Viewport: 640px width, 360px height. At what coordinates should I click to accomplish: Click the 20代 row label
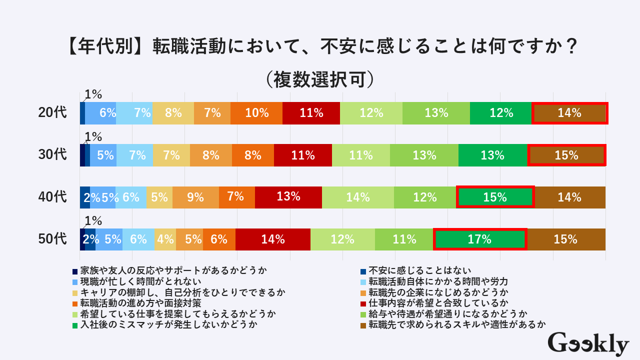[52, 113]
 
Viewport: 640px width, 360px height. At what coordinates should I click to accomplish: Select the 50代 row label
[52, 239]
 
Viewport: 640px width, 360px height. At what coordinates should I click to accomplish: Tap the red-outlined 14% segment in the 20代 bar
[569, 113]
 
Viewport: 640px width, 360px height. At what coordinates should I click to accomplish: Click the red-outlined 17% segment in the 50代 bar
[479, 239]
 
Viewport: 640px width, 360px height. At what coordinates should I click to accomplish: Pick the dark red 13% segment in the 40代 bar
[288, 197]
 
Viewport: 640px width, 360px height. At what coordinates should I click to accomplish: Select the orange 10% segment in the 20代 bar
[256, 113]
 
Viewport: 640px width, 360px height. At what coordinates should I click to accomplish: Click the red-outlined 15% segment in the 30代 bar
[566, 155]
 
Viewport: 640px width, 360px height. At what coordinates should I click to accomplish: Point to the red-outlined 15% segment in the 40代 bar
[495, 197]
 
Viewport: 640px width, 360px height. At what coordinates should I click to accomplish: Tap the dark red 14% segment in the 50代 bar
[273, 239]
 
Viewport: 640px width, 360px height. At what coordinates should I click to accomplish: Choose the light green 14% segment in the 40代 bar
[357, 197]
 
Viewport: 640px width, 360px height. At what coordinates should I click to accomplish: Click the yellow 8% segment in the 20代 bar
[173, 113]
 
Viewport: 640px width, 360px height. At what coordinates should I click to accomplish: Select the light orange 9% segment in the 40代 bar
[195, 197]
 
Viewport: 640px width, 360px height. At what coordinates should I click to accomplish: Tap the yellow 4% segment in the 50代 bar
[165, 239]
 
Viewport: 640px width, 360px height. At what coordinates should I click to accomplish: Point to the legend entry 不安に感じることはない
[419, 270]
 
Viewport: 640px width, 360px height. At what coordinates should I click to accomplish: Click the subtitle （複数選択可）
[320, 78]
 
